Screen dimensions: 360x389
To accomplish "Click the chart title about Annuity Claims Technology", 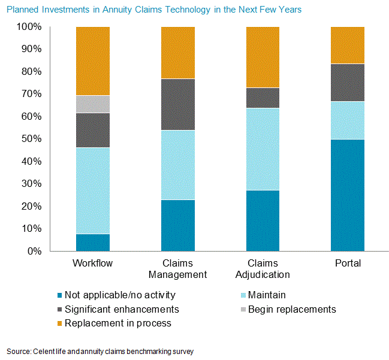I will click(154, 10).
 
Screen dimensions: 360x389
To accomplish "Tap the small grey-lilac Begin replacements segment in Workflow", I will click(93, 104).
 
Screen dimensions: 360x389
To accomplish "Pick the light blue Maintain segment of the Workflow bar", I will click(93, 190).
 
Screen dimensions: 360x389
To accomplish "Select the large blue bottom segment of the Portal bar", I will click(348, 195).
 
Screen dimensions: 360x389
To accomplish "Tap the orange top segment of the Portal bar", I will click(348, 45).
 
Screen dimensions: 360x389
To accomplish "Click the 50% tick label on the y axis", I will click(29, 139).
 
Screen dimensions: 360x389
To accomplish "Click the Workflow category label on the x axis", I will click(93, 264).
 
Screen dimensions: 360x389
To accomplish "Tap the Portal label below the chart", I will click(348, 264).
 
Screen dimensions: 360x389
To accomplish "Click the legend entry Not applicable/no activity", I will click(120, 295).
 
